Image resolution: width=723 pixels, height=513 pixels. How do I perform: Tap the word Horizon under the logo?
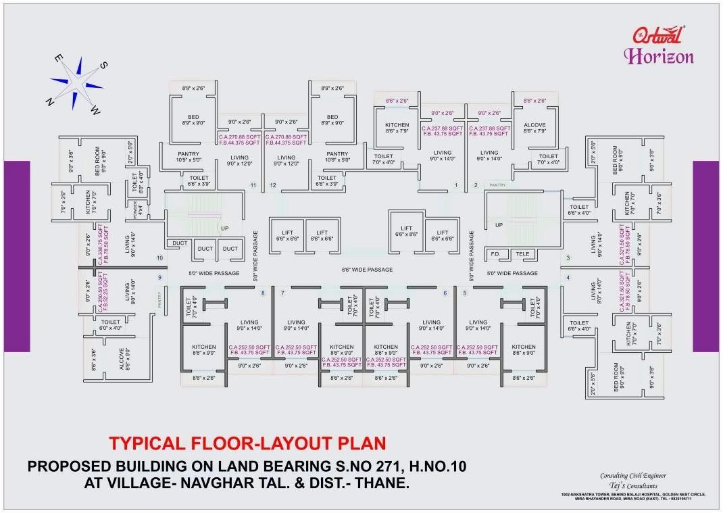click(x=658, y=56)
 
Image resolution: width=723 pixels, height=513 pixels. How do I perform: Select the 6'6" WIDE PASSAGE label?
click(x=367, y=270)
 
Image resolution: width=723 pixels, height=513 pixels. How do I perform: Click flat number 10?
click(x=160, y=258)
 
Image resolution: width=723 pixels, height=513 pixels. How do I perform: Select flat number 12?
click(x=273, y=185)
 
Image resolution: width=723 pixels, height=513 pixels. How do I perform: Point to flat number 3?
click(x=568, y=258)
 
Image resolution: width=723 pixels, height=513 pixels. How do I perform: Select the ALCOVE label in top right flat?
click(x=534, y=126)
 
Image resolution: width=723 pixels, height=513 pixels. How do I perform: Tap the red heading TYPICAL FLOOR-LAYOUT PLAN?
click(x=248, y=443)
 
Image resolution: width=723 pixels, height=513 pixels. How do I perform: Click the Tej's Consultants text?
click(x=633, y=485)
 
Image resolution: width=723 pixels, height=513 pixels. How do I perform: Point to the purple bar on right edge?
click(x=707, y=255)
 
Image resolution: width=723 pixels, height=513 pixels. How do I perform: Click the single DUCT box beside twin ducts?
click(x=180, y=243)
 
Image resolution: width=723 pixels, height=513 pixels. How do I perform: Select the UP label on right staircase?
click(x=499, y=225)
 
